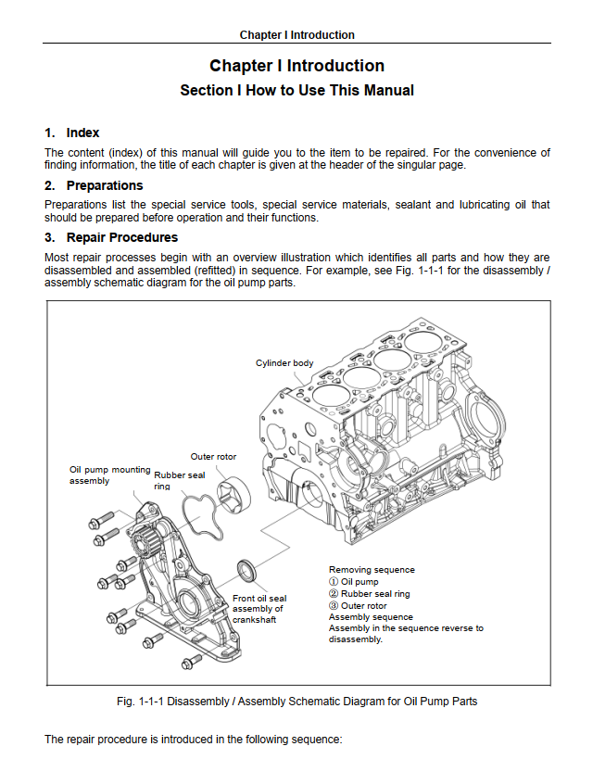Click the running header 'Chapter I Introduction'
click(x=296, y=34)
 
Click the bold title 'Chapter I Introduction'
click(x=296, y=66)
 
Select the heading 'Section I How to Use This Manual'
click(x=296, y=91)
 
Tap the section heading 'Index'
click(x=82, y=133)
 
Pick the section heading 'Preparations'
click(x=105, y=185)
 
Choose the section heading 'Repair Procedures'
click(x=121, y=237)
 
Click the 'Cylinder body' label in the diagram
click(x=284, y=362)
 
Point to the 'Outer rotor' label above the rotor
click(x=214, y=457)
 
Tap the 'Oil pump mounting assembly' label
click(x=109, y=474)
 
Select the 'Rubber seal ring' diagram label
click(x=179, y=480)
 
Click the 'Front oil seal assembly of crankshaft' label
click(x=259, y=609)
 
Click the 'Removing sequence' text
click(x=372, y=570)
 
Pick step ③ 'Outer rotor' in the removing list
click(x=358, y=605)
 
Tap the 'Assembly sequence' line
click(x=371, y=617)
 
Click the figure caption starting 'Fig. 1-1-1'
click(x=297, y=701)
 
